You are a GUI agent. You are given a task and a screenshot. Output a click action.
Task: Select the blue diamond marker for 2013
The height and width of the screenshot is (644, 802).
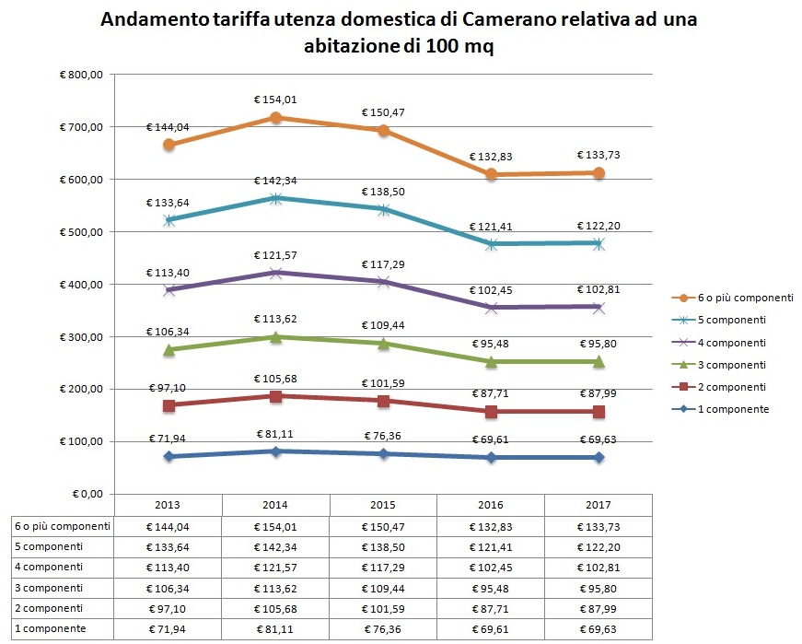point(169,456)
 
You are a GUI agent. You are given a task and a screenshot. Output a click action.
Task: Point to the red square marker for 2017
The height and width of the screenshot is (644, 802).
point(599,411)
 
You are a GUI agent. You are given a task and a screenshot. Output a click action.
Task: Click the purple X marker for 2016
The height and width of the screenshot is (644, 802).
point(490,308)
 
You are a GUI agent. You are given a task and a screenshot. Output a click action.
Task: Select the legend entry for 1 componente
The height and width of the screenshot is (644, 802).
point(732,408)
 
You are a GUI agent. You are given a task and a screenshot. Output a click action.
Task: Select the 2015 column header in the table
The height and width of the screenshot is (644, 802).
point(382,506)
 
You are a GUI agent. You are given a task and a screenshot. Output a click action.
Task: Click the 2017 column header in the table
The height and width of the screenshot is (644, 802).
point(599,506)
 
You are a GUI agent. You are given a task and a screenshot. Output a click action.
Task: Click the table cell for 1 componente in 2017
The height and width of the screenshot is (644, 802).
point(599,628)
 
